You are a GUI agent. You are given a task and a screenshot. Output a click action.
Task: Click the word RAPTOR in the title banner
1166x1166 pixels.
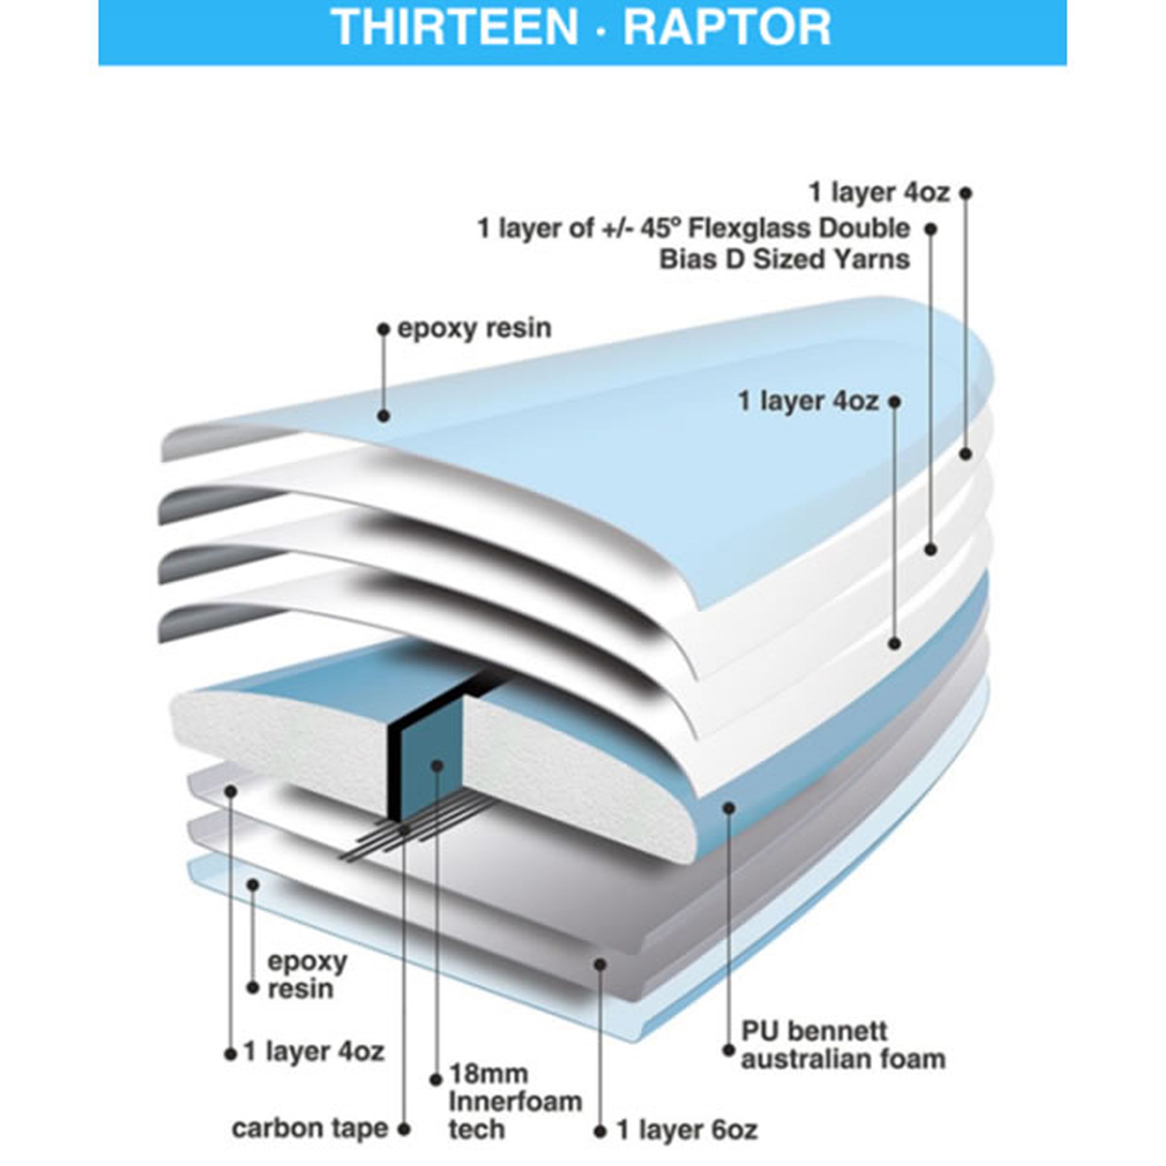coord(727,27)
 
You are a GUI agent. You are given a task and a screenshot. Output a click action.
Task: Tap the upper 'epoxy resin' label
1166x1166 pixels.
coord(474,329)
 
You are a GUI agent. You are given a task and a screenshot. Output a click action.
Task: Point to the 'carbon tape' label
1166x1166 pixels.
coord(309,1129)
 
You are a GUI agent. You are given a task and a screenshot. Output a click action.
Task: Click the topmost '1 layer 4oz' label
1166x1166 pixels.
coord(879,193)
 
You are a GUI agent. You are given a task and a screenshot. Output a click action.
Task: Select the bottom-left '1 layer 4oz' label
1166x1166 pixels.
coord(314,1051)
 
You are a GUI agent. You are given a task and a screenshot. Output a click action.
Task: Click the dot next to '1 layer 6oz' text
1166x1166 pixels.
coord(600,1131)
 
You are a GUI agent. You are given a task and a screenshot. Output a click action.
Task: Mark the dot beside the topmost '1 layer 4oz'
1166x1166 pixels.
coord(966,193)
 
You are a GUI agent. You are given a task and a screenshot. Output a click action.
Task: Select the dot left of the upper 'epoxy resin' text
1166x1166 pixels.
coord(383,329)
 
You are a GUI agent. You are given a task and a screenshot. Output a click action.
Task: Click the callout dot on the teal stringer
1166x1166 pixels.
coord(438,766)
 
